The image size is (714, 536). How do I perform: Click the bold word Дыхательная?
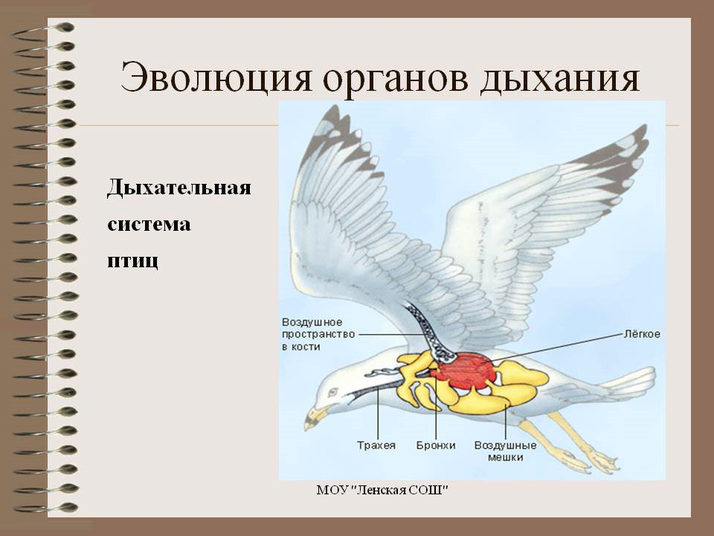(179, 188)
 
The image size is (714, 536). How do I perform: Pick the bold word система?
(149, 225)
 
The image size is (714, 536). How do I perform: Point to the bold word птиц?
(133, 261)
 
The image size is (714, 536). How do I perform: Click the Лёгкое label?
(642, 334)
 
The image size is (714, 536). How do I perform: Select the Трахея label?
(376, 445)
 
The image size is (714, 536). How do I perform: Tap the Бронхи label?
(436, 445)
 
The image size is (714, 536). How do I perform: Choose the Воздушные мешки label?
(506, 451)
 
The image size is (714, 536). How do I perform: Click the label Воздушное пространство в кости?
(318, 334)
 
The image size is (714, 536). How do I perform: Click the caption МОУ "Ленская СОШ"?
(382, 490)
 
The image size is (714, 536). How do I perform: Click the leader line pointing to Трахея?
(378, 413)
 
